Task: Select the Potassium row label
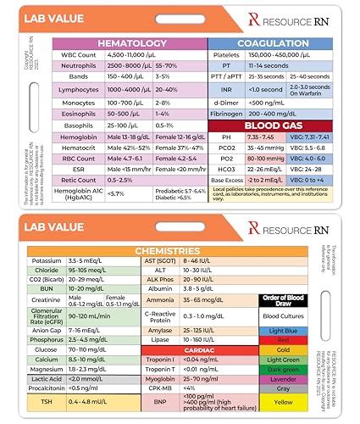[47, 260]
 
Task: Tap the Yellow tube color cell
[283, 402]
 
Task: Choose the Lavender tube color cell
[283, 380]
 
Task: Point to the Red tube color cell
[283, 339]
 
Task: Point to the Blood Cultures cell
[283, 315]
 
